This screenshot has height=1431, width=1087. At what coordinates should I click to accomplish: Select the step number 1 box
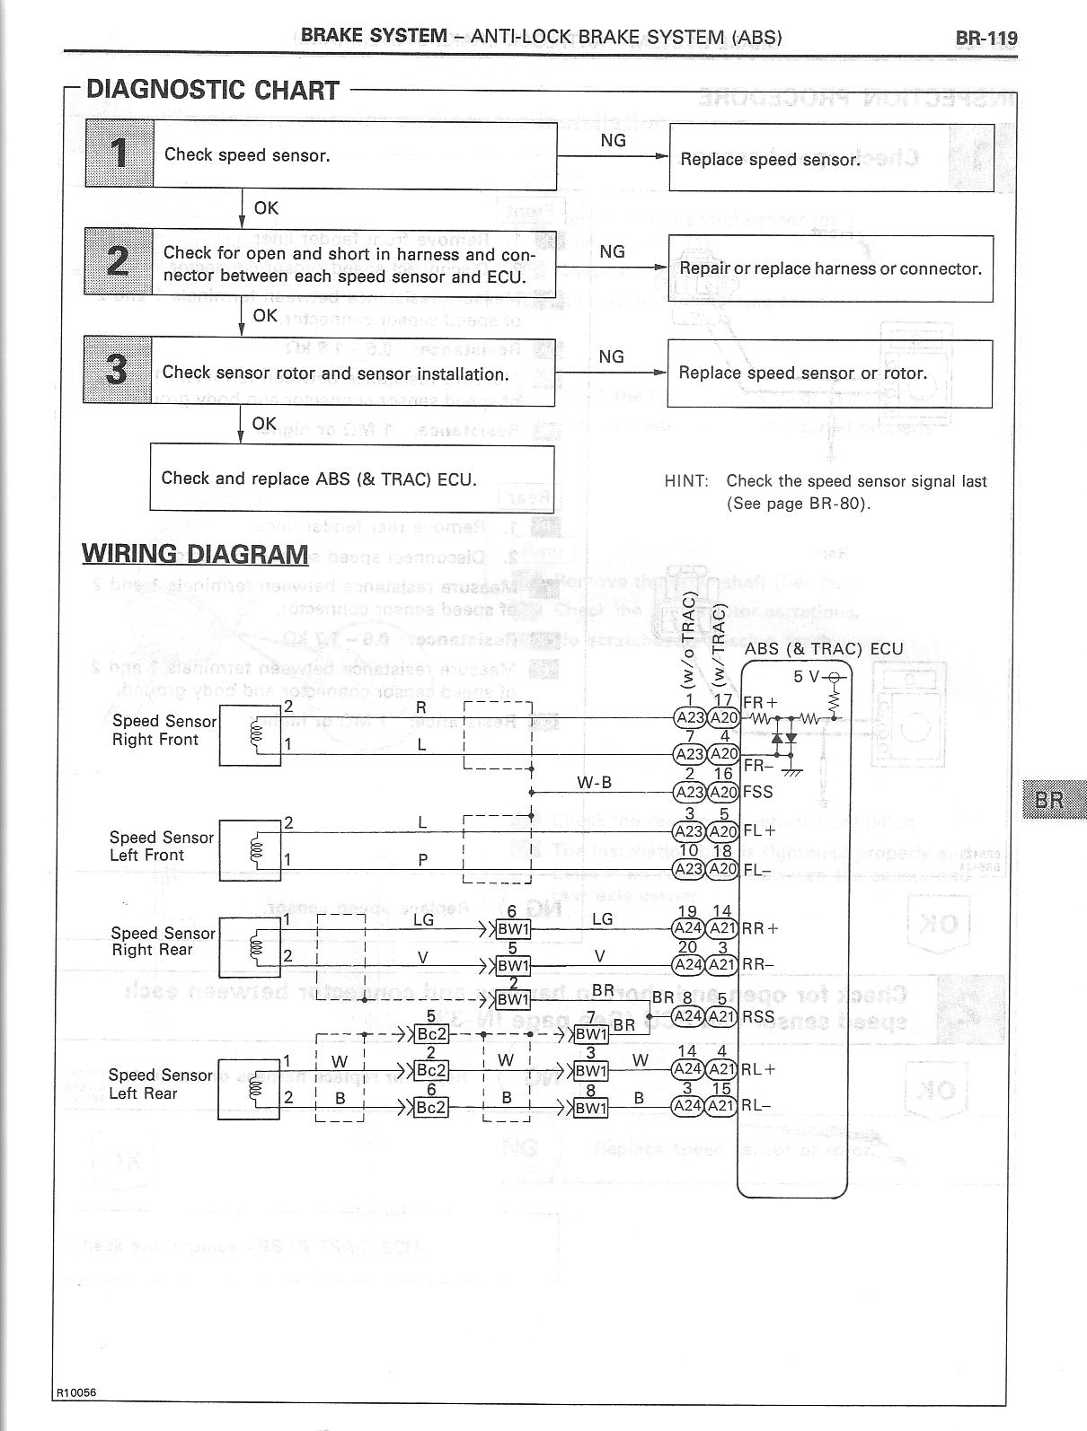[x=119, y=154]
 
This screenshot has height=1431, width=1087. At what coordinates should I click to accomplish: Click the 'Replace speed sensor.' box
[x=831, y=158]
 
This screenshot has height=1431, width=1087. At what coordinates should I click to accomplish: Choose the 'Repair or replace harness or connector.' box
[x=831, y=268]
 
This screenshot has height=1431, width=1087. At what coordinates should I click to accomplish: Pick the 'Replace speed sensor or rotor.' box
[x=831, y=373]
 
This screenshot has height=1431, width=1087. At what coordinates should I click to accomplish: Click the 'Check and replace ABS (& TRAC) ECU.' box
[x=351, y=478]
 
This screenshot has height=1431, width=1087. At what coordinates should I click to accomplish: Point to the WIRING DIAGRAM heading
[x=195, y=554]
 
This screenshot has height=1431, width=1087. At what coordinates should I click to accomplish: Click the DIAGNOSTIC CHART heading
[x=212, y=90]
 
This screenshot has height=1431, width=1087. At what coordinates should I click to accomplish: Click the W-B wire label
[x=594, y=782]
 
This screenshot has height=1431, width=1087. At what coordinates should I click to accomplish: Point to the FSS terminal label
[x=757, y=792]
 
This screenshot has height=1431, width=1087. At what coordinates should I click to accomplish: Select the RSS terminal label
[x=759, y=1015]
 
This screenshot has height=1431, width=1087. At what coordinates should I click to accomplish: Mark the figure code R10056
[x=77, y=1392]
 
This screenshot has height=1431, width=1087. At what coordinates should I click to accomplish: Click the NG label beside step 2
[x=612, y=252]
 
